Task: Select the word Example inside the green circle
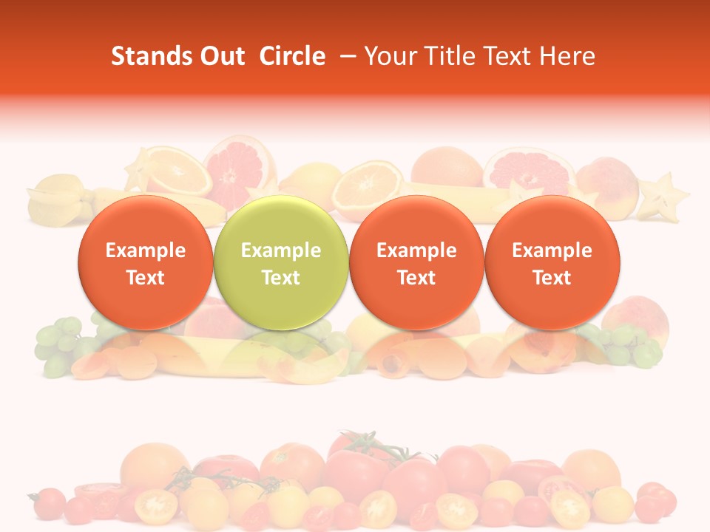click(x=281, y=250)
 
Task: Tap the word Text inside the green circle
click(x=281, y=278)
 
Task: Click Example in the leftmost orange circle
click(x=145, y=250)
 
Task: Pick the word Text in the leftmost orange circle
click(x=145, y=278)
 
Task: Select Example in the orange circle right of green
click(x=416, y=250)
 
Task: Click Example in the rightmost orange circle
click(x=552, y=250)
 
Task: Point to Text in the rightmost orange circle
click(x=552, y=278)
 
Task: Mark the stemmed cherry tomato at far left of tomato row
click(x=48, y=502)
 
